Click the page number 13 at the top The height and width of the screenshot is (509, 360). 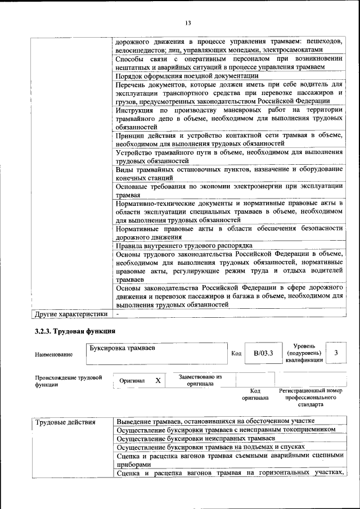click(x=188, y=23)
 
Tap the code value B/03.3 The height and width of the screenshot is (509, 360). click(x=263, y=353)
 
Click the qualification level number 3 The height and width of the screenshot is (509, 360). click(x=336, y=353)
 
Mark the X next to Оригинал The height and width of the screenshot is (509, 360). click(x=158, y=381)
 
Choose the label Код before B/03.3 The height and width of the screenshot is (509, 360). click(x=236, y=354)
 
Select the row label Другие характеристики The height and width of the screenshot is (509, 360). click(x=71, y=314)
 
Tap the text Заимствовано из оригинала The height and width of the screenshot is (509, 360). click(x=200, y=381)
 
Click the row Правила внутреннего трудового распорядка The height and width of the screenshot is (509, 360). click(x=184, y=246)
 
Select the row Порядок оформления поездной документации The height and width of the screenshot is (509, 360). click(x=187, y=75)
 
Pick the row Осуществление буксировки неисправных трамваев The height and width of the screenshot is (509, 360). click(x=196, y=438)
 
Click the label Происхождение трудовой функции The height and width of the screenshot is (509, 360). click(x=68, y=381)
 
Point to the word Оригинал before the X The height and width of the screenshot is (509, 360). click(x=132, y=381)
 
